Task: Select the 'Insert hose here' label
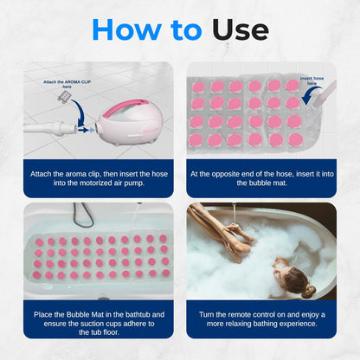[x=313, y=81]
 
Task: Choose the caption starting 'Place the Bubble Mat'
[x=98, y=316]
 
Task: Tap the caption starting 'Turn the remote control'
[x=261, y=316]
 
